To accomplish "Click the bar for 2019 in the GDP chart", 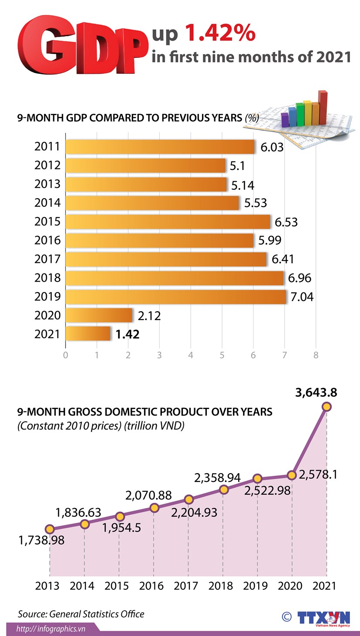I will point(176,297).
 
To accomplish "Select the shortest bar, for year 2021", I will point(88,334).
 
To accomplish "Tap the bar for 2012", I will point(145,165).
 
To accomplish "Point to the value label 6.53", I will point(286,222).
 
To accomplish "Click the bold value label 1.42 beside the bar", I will point(127,334).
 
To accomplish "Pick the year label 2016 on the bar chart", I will point(47,241).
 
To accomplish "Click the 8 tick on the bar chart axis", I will point(315,355).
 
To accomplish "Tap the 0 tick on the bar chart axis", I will point(65,355).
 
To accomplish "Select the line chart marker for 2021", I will point(326,407).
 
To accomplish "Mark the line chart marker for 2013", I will point(50,529).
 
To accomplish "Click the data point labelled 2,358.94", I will point(223,490).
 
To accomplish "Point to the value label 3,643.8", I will point(316,392).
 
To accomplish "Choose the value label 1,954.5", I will point(121,527).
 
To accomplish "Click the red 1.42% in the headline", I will point(219,34).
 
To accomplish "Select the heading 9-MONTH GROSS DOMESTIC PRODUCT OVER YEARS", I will point(144,412).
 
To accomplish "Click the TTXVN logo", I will point(324,618).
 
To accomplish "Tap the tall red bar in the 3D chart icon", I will point(322,107).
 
